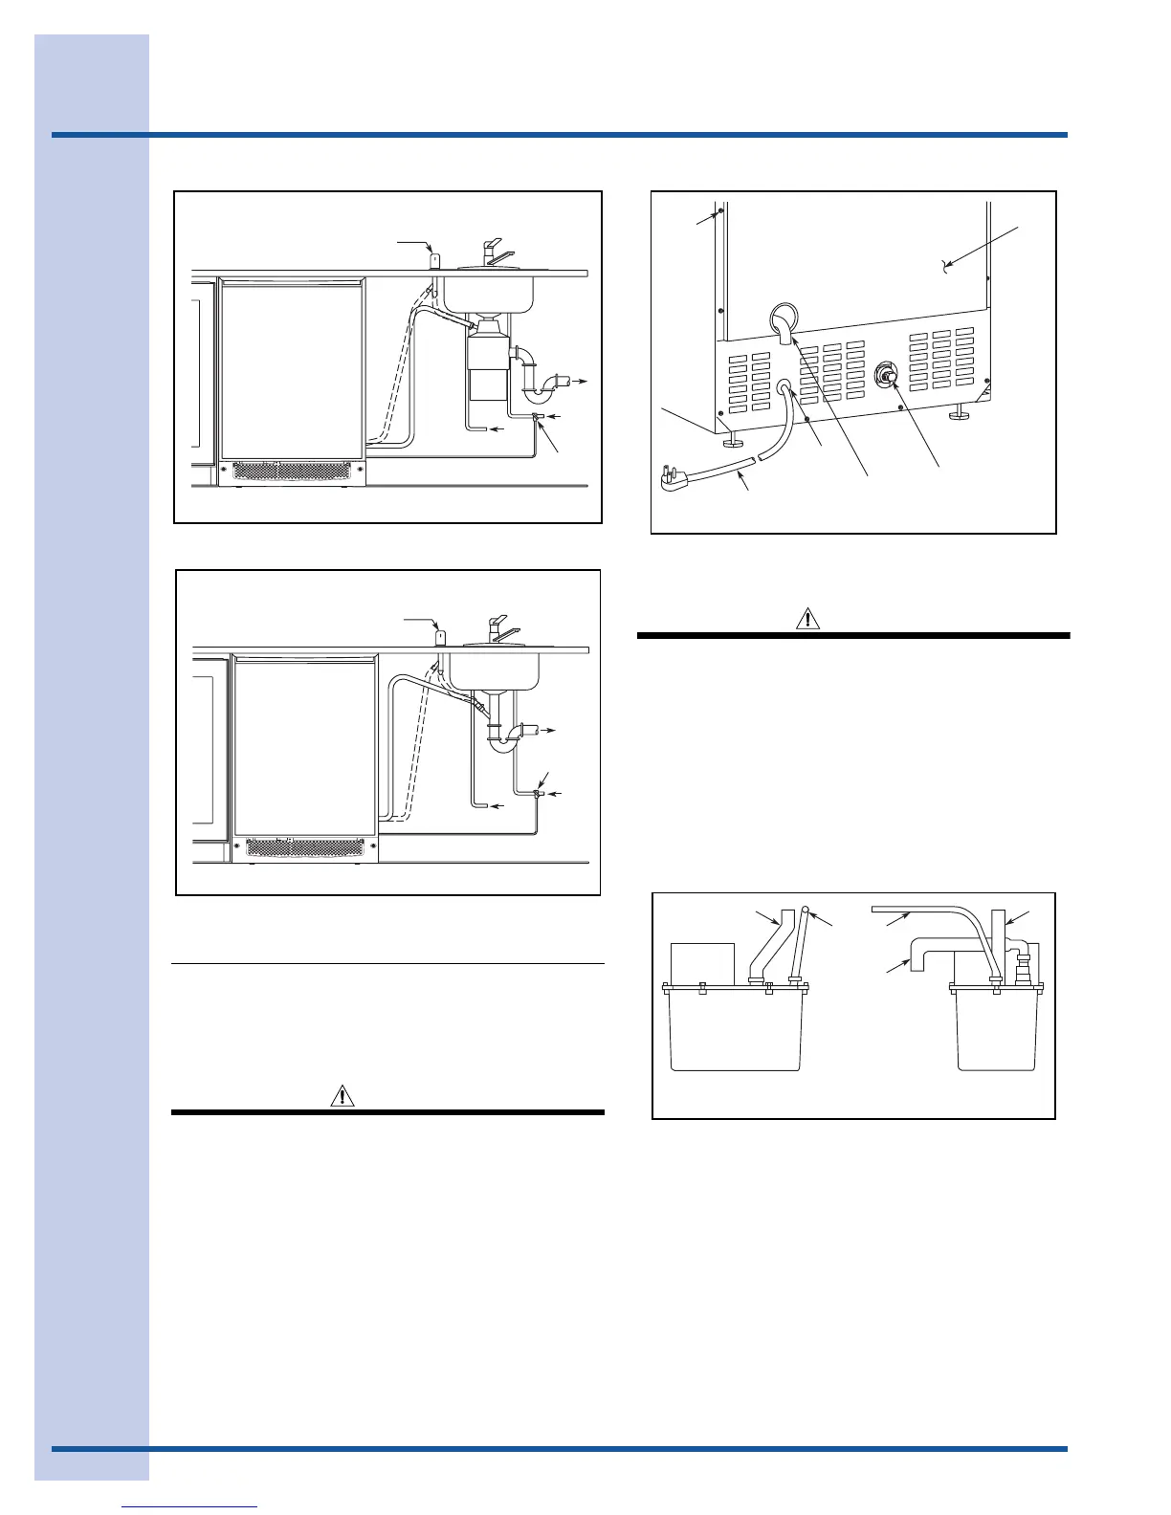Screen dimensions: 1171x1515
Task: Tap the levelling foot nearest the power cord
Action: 734,439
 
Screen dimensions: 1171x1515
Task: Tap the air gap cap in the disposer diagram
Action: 435,260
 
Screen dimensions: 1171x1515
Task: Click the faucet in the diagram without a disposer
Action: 499,630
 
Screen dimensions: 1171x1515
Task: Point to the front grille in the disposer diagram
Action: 291,472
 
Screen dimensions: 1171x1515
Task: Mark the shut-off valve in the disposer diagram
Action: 538,417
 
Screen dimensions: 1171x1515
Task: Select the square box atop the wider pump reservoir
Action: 702,963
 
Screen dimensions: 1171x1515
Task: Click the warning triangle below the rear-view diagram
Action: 808,618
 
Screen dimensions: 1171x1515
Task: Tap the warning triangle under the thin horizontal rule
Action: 342,1096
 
